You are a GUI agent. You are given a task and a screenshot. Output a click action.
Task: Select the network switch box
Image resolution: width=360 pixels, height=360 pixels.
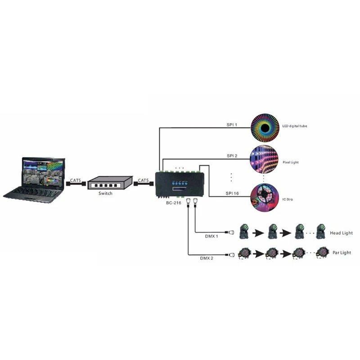coord(109,182)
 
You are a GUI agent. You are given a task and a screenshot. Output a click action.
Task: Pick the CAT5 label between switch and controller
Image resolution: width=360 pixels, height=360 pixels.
coord(144,180)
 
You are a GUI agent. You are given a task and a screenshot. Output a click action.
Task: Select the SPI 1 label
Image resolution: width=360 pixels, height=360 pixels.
coord(232,124)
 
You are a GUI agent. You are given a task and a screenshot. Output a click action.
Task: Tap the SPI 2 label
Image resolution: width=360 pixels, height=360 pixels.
coord(232,155)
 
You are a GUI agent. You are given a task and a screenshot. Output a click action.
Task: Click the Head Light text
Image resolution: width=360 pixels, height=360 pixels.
coord(341,233)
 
